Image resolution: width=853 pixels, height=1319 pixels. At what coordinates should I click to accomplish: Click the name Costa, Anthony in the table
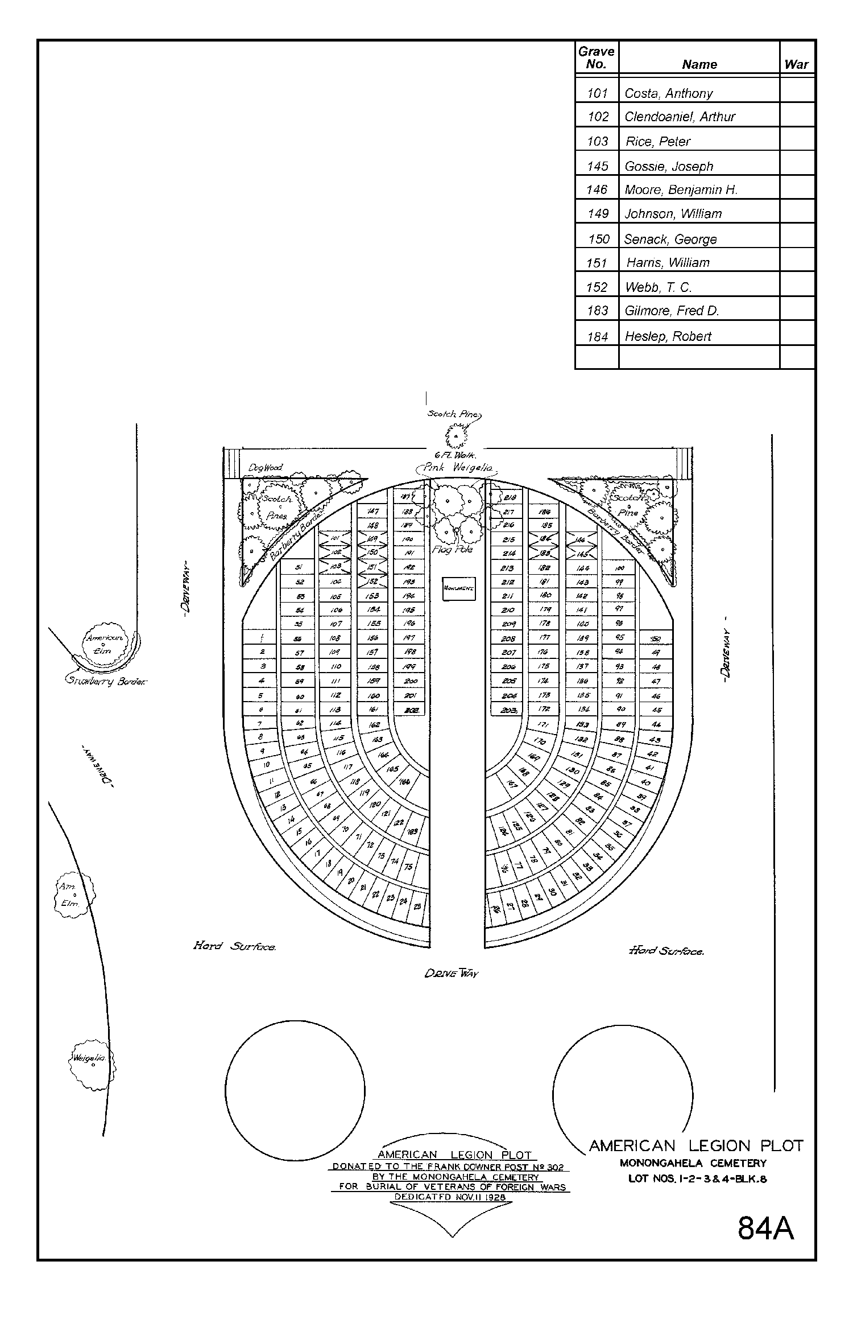[668, 93]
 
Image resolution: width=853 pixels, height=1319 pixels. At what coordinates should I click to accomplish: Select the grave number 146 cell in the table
[597, 190]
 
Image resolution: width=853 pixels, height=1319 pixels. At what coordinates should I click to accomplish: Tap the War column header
[796, 64]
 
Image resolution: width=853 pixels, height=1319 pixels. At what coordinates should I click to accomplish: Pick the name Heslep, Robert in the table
[668, 336]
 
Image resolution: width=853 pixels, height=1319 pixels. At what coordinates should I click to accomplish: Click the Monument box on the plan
[459, 589]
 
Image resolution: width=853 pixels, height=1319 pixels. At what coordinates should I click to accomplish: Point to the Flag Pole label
[453, 550]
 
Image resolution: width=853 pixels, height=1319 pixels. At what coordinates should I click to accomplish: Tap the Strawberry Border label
[106, 681]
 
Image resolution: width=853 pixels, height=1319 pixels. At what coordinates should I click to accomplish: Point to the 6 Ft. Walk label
[455, 455]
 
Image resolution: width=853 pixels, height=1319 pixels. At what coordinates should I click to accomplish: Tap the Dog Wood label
[265, 468]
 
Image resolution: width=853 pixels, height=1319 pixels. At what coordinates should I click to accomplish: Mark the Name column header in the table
[699, 64]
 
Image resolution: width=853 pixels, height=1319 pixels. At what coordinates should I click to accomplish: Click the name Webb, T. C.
[658, 287]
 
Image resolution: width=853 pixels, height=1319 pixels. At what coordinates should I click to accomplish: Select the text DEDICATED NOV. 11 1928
[450, 1198]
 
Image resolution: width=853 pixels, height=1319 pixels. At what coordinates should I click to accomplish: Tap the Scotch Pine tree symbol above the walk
[456, 437]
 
